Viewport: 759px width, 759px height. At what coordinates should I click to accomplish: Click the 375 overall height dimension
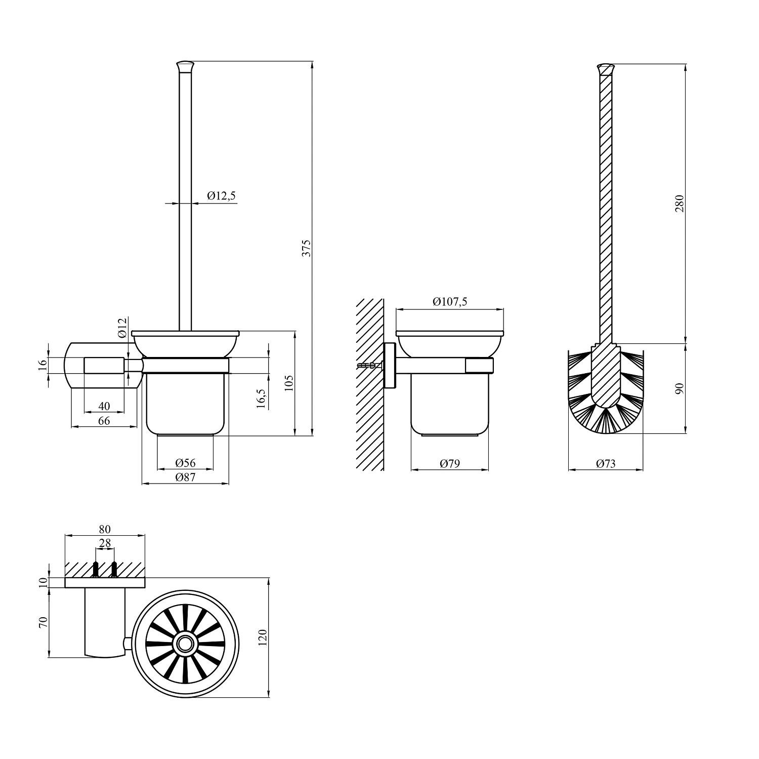[x=307, y=248]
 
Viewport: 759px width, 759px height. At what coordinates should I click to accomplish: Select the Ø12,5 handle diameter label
[x=222, y=195]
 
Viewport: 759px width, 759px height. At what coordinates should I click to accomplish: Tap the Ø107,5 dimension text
[x=450, y=302]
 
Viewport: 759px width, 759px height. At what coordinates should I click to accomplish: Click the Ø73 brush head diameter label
[x=606, y=463]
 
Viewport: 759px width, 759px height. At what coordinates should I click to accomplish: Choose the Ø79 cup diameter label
[x=450, y=463]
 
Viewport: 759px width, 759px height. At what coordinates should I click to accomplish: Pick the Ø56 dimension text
[x=185, y=463]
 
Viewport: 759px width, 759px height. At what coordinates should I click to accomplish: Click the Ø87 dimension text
[x=185, y=477]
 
